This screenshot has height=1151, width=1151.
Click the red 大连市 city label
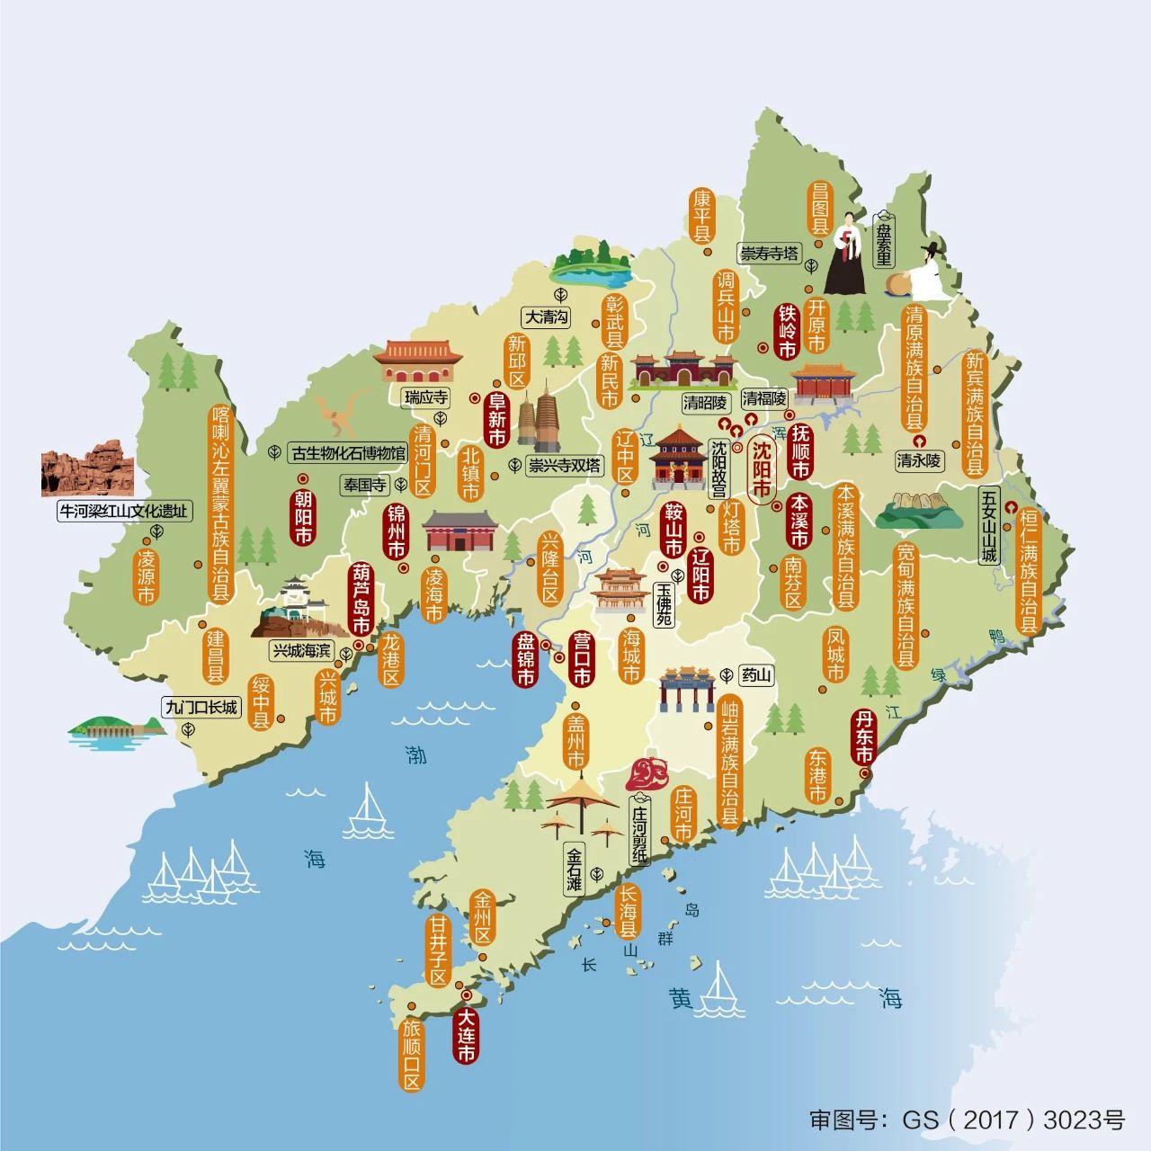[x=466, y=1035]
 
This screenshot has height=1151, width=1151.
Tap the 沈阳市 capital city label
[x=762, y=468]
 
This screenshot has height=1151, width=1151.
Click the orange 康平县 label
[x=701, y=215]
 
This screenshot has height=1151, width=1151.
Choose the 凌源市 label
[x=146, y=575]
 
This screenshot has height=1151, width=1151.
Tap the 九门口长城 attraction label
[x=202, y=707]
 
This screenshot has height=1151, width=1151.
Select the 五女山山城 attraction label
[x=989, y=525]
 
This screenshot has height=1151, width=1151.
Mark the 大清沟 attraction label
[x=548, y=317]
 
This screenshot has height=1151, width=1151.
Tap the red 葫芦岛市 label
[x=361, y=599]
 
